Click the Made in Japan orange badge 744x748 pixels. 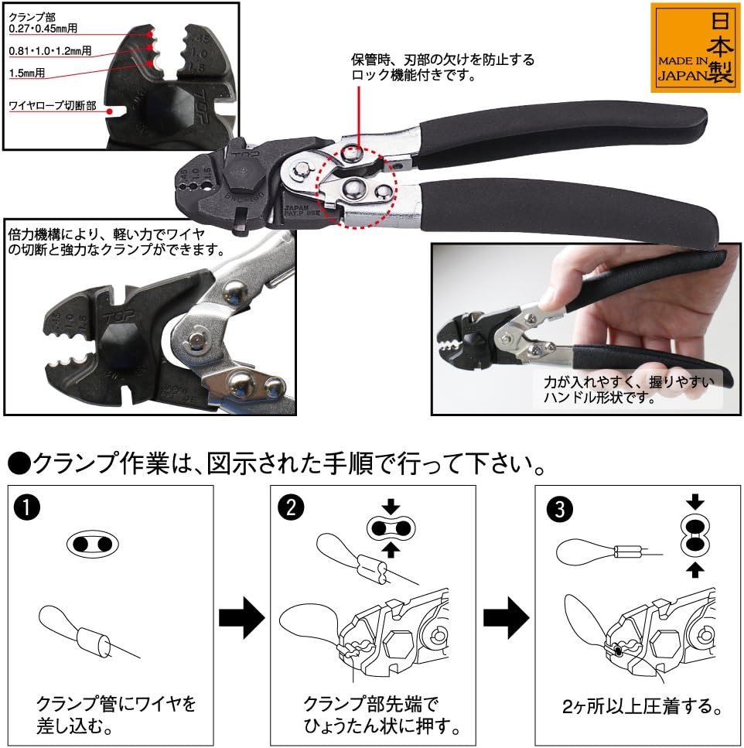pyautogui.click(x=695, y=48)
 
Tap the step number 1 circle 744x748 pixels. pyautogui.click(x=27, y=507)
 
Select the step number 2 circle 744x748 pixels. pyautogui.click(x=291, y=507)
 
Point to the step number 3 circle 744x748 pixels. pyautogui.click(x=559, y=508)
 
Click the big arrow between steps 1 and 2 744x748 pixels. pyautogui.click(x=241, y=617)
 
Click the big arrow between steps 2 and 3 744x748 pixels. pyautogui.click(x=506, y=617)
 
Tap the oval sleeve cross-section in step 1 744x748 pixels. pyautogui.click(x=92, y=545)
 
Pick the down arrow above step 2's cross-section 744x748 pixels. pyautogui.click(x=391, y=506)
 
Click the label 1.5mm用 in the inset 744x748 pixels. pyautogui.click(x=27, y=73)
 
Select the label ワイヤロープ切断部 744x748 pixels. pyautogui.click(x=53, y=105)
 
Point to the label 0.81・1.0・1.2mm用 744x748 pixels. pyautogui.click(x=50, y=51)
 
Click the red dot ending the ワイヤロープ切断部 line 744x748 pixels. pyautogui.click(x=109, y=111)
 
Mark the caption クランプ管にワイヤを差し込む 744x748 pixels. pyautogui.click(x=116, y=714)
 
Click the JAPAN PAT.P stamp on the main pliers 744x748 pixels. pyautogui.click(x=302, y=211)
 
